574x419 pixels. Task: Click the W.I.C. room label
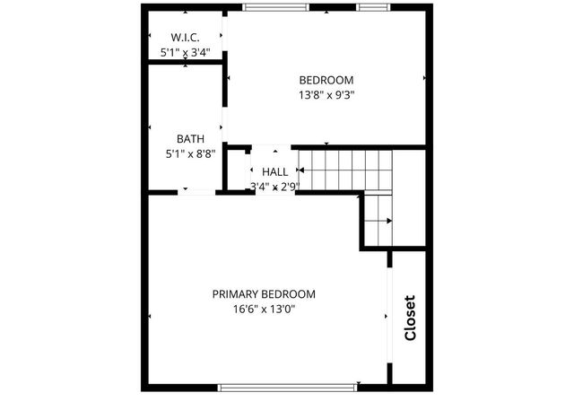[185, 37]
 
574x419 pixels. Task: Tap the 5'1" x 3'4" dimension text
[185, 52]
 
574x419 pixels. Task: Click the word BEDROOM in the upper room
[326, 79]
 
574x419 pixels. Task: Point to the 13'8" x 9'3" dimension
[326, 93]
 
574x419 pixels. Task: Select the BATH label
[190, 139]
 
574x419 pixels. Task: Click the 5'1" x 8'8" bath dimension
[190, 154]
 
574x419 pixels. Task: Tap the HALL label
[274, 171]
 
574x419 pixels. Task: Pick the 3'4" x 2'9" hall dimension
[274, 187]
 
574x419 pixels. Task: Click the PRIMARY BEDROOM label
[264, 293]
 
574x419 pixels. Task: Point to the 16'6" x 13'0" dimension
[264, 310]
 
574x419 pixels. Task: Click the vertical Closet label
[410, 319]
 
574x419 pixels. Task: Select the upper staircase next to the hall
[346, 170]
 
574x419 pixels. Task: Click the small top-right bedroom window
[372, 8]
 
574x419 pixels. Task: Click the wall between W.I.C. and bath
[185, 62]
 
